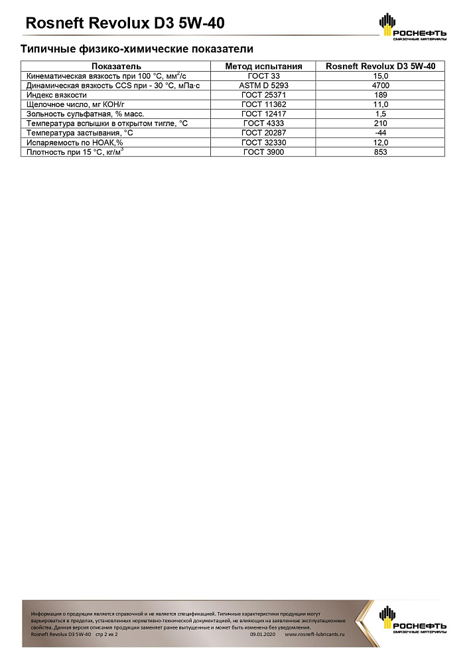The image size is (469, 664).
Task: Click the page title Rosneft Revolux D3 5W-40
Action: [124, 24]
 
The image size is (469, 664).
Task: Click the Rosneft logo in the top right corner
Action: [412, 27]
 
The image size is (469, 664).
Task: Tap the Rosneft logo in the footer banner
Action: [412, 620]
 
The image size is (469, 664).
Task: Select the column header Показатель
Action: [116, 66]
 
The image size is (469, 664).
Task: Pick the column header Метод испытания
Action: [263, 66]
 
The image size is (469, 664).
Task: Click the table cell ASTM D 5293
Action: [263, 86]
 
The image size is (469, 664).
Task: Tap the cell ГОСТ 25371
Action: [263, 95]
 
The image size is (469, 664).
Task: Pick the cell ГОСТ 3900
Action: [263, 152]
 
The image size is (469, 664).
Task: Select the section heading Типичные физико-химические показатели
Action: [137, 49]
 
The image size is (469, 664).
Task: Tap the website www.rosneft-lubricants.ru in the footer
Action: [315, 635]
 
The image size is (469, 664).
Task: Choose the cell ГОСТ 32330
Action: [263, 143]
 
